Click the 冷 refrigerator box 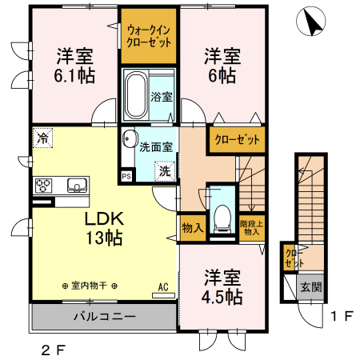pos(41,138)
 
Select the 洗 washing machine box pos(163,170)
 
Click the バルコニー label pos(104,316)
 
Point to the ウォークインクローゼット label pos(149,36)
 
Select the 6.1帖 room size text pos(75,77)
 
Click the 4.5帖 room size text pos(222,297)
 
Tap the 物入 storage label pos(192,227)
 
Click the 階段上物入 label pos(251,228)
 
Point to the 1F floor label pos(342,316)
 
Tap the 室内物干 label pos(89,286)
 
